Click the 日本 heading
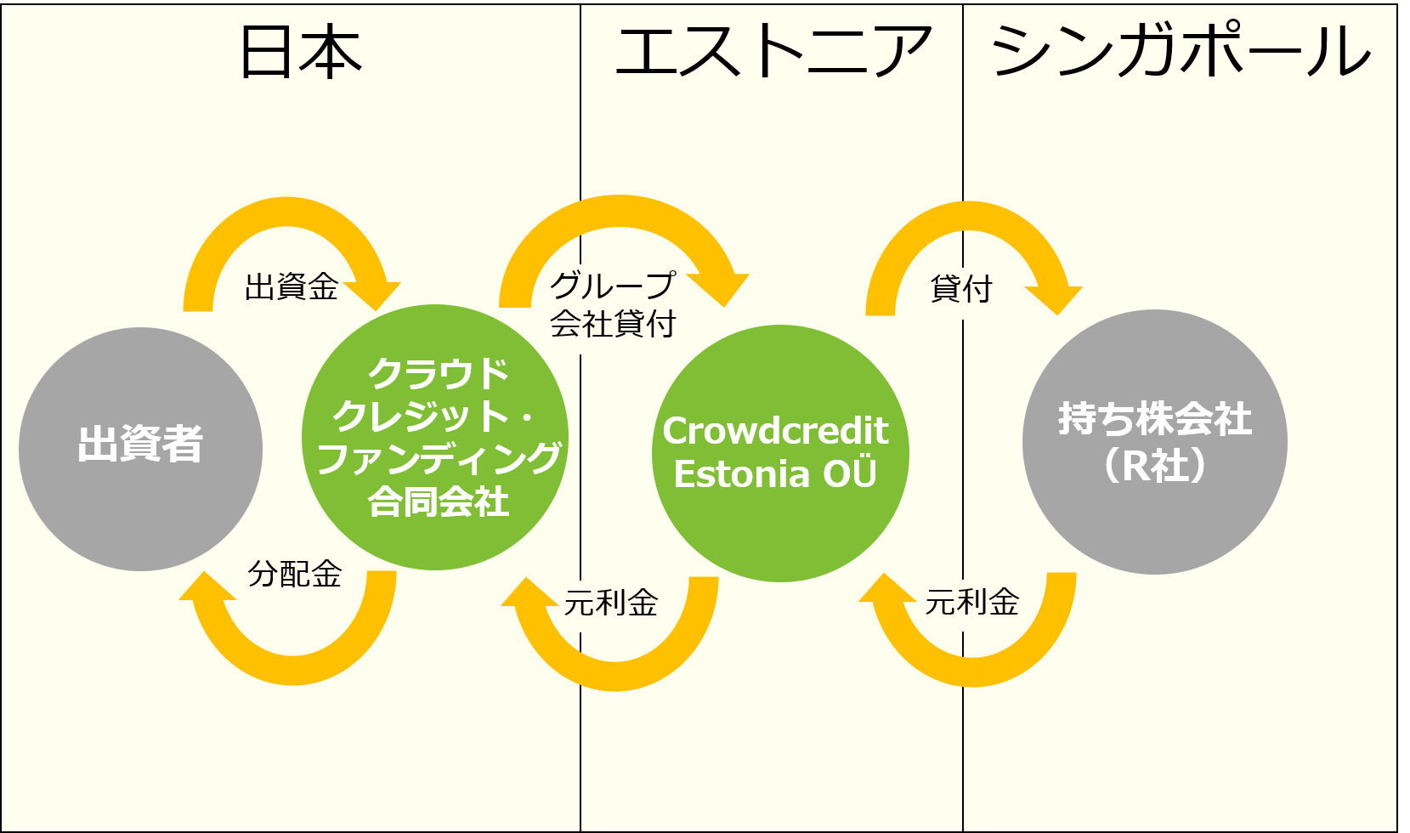(x=301, y=52)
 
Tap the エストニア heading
(x=773, y=50)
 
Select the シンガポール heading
(x=1181, y=49)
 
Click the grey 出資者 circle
(x=140, y=449)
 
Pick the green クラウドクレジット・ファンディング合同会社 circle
(x=435, y=438)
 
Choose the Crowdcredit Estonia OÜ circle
(x=780, y=453)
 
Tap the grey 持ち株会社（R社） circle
(x=1154, y=442)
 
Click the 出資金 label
(x=292, y=287)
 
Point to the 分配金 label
(x=295, y=574)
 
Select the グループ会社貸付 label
(x=613, y=305)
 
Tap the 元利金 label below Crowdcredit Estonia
(x=610, y=603)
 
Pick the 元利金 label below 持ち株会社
(x=972, y=602)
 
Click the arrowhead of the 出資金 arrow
(x=374, y=295)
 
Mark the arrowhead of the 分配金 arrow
(x=206, y=586)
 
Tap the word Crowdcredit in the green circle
(x=775, y=431)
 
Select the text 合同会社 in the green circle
(x=438, y=501)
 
